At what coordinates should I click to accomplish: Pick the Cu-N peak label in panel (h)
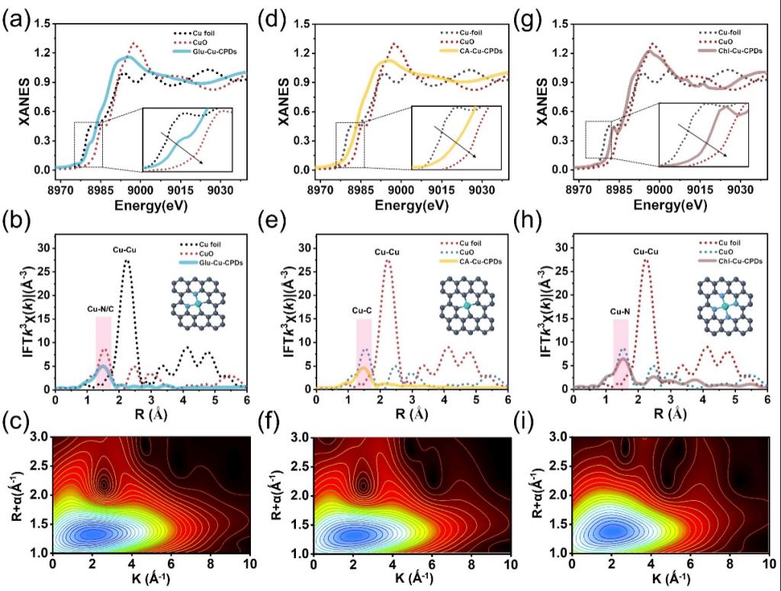pyautogui.click(x=620, y=310)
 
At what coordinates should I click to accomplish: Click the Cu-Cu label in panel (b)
pyautogui.click(x=126, y=249)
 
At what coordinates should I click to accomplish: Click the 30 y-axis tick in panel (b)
pyautogui.click(x=42, y=248)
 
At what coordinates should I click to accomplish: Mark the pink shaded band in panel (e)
pyautogui.click(x=365, y=353)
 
